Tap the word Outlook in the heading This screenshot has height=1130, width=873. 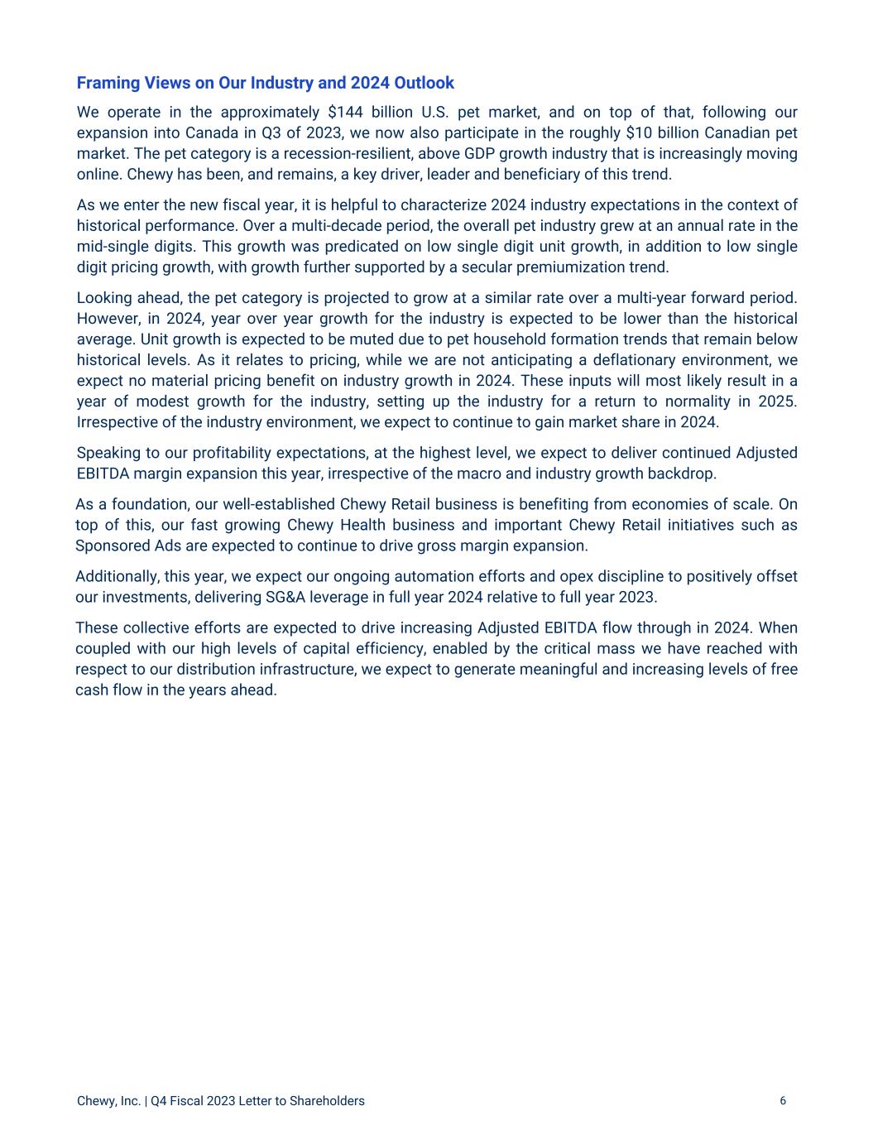click(424, 83)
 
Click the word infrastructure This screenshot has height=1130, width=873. click(305, 669)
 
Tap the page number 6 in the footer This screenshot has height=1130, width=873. click(783, 1100)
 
